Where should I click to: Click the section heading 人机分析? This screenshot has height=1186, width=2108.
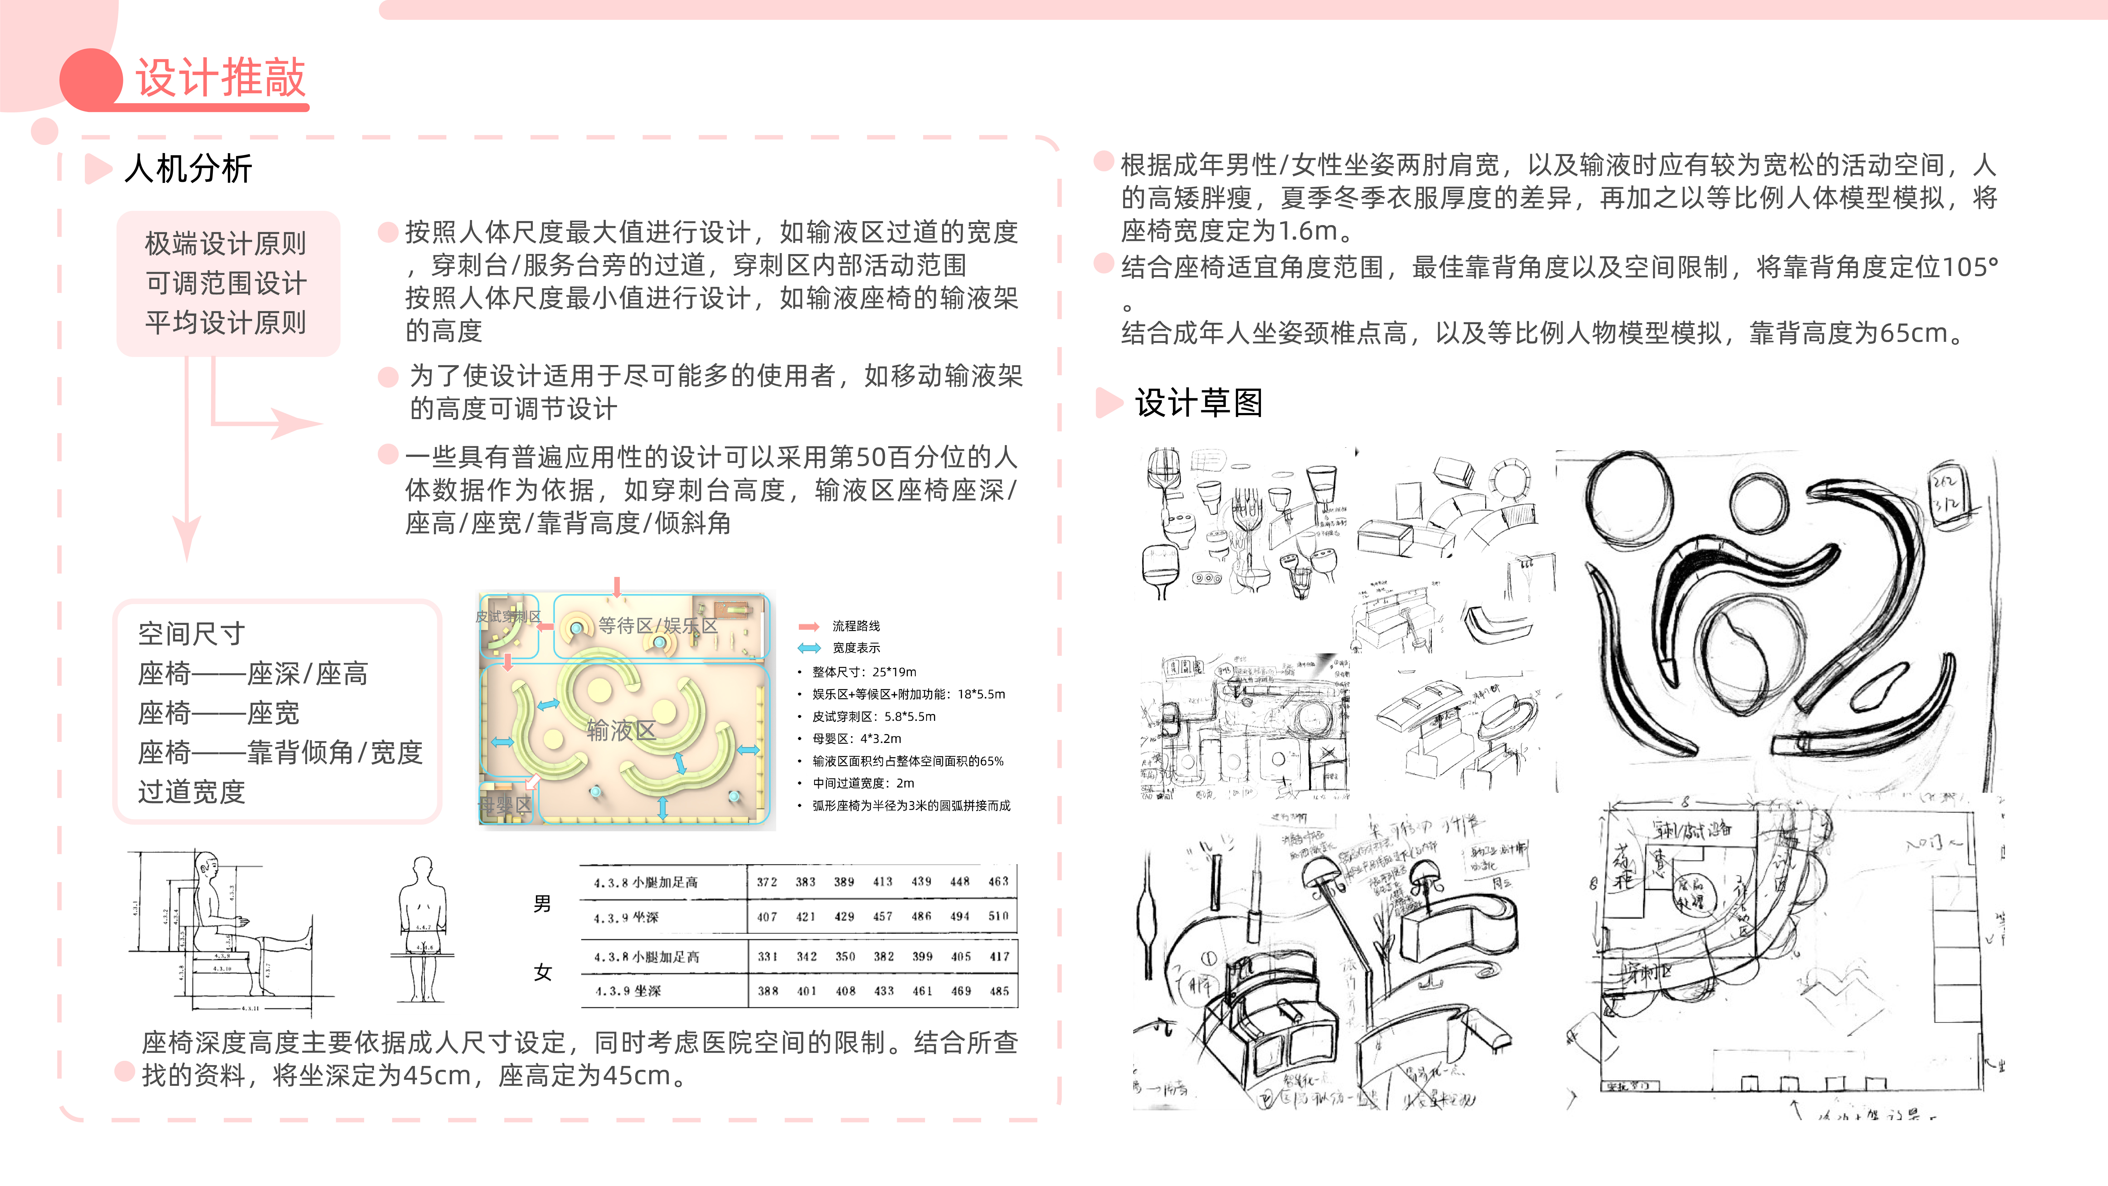(188, 169)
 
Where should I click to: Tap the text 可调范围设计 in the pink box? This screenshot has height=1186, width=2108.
(226, 283)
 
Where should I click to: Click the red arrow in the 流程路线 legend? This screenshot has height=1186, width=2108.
(809, 626)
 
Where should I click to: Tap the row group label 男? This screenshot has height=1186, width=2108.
(542, 904)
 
